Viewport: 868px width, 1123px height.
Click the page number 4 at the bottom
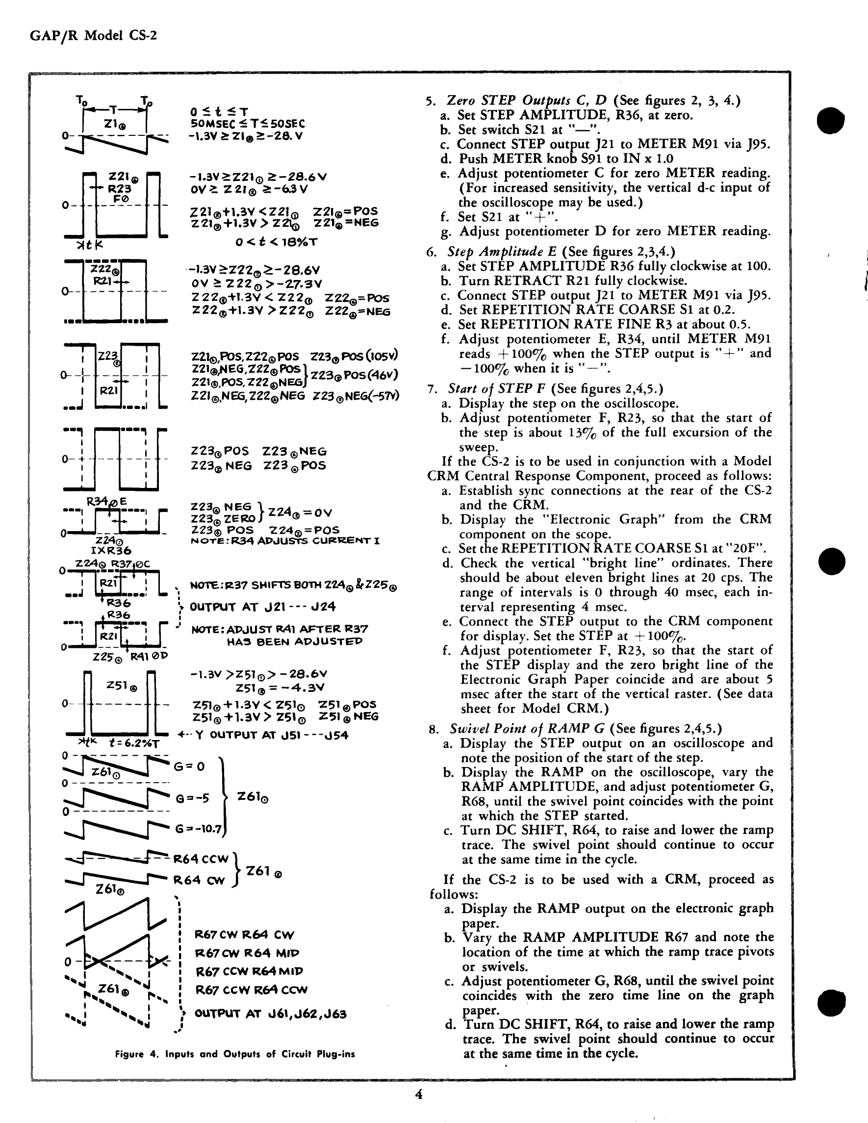pos(419,1094)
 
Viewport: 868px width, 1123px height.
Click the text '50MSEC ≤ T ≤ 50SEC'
pos(247,124)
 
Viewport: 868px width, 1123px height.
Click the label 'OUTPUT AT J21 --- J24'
pos(263,607)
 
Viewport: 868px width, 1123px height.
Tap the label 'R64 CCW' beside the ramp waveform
pos(200,859)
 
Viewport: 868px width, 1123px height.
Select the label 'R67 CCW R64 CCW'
pos(251,990)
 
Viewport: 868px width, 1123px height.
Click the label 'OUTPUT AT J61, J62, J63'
pos(271,1014)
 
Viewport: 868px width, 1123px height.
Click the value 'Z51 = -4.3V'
pos(280,688)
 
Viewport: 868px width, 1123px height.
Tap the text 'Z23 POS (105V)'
pos(354,357)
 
